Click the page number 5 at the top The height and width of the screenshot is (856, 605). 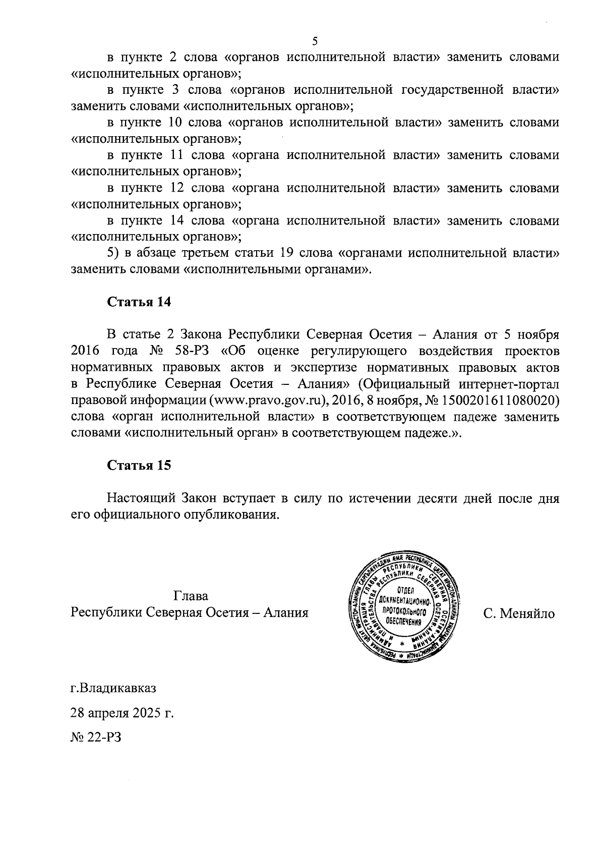tap(315, 41)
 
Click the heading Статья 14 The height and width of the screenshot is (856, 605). tap(139, 302)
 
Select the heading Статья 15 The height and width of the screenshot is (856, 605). tap(139, 466)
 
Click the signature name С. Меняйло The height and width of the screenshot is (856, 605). tap(519, 614)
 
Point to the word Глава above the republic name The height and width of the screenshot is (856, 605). tap(191, 596)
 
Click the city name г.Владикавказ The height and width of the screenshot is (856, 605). tap(113, 688)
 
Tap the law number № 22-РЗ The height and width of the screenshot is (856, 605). tap(96, 738)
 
